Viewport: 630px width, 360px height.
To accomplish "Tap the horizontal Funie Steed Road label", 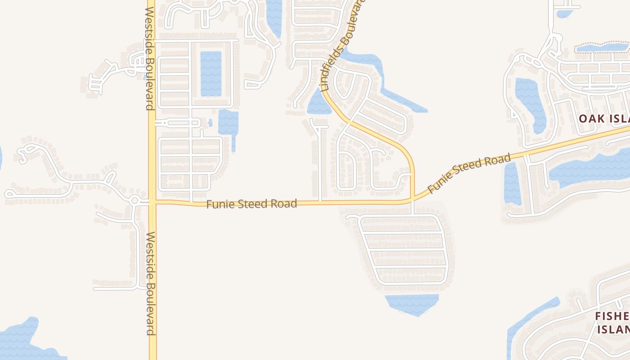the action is coord(252,204).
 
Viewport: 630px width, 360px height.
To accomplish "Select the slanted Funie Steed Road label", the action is coord(469,173).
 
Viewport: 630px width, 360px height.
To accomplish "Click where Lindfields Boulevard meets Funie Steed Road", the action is coord(412,198).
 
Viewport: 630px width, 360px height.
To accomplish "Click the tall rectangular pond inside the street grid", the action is coord(211,73).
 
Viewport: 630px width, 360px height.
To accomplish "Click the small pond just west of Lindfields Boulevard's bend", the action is coord(318,104).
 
